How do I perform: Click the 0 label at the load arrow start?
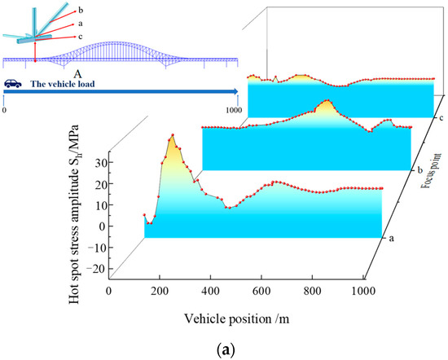(x=5, y=108)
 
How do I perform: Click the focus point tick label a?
(x=393, y=239)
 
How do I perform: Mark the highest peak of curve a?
(x=172, y=135)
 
